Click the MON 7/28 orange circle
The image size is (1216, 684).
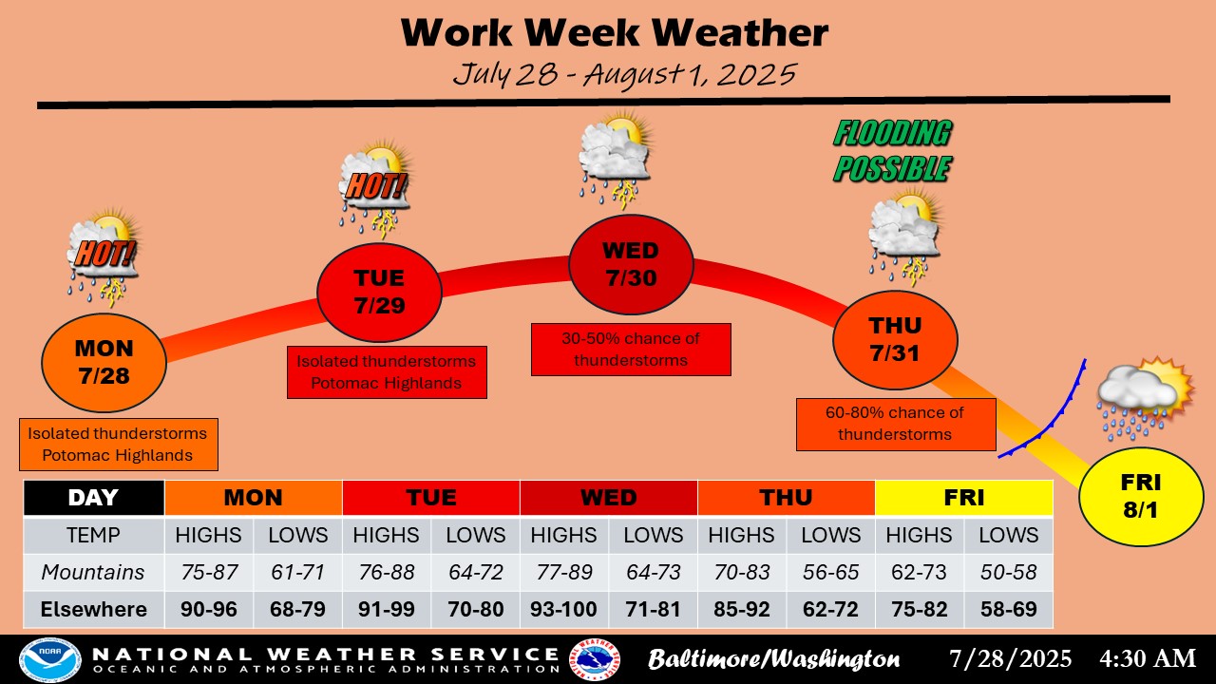click(104, 362)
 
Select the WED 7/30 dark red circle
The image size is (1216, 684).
click(631, 264)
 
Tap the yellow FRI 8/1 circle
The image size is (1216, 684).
click(1141, 496)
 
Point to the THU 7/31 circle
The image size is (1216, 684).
click(895, 340)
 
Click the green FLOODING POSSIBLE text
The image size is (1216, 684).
click(892, 150)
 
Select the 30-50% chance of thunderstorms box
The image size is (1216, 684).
click(631, 350)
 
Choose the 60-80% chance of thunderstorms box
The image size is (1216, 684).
click(896, 424)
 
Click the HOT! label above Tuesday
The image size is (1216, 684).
click(375, 186)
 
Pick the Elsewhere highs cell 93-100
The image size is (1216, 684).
click(564, 609)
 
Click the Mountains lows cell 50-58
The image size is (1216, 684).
click(1008, 572)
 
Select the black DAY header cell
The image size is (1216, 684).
click(94, 497)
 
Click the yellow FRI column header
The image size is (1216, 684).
click(963, 497)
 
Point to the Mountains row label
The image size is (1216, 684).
click(93, 572)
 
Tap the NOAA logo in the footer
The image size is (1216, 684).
click(50, 659)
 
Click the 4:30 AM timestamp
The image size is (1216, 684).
click(1148, 658)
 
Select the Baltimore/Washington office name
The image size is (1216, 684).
click(773, 659)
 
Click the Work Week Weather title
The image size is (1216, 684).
click(615, 32)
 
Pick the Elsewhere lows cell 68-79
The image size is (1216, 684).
click(297, 609)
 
